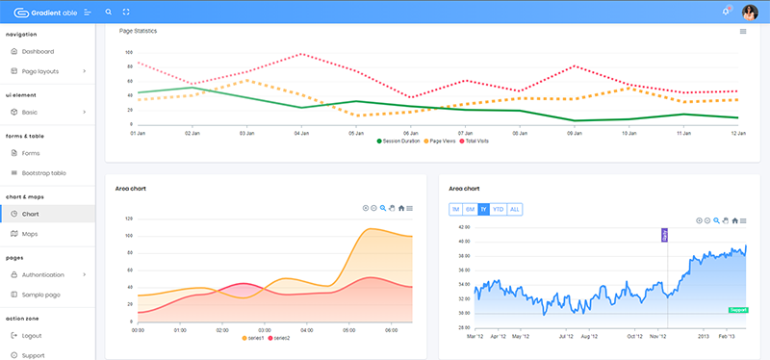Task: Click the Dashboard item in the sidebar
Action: (x=38, y=51)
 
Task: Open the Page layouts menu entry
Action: (x=41, y=71)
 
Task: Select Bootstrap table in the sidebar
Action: (x=44, y=172)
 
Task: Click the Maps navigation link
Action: (x=30, y=233)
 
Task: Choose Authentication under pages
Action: (x=49, y=274)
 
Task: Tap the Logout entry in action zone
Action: (x=32, y=335)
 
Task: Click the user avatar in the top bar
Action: (x=749, y=12)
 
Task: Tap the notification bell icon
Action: (x=725, y=12)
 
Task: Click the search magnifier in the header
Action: (x=108, y=12)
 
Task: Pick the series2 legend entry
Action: (x=278, y=338)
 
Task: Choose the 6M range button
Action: (x=470, y=209)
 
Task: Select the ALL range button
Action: (x=514, y=209)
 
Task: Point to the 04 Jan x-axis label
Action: (x=301, y=133)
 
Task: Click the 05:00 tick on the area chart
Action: (x=349, y=329)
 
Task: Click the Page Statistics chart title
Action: (x=138, y=31)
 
